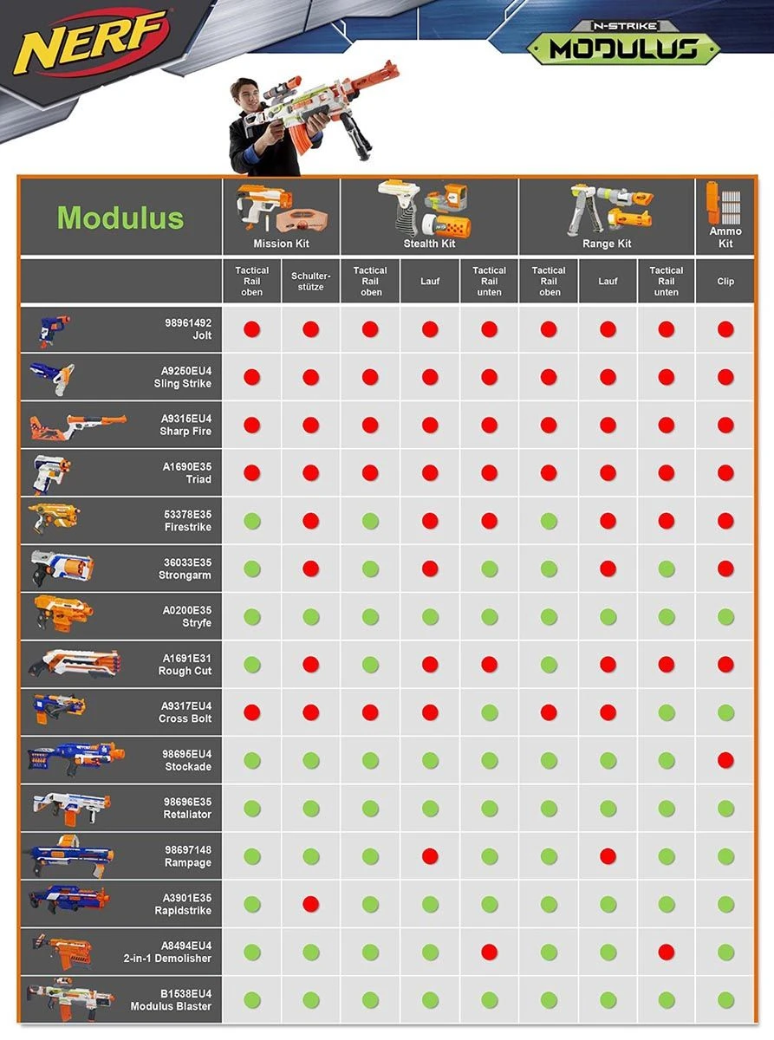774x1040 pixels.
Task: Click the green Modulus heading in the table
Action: click(120, 217)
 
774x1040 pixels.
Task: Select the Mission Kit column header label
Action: click(281, 244)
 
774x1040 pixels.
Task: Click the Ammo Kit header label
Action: click(725, 237)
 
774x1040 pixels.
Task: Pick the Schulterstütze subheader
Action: click(310, 281)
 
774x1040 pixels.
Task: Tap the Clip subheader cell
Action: click(725, 281)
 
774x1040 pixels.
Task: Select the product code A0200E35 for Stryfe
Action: click(187, 610)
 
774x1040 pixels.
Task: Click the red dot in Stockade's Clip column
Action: click(725, 760)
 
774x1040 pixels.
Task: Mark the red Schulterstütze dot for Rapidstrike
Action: click(310, 904)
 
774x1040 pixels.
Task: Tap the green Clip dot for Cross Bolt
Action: click(725, 712)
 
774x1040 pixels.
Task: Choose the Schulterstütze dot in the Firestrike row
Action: click(310, 521)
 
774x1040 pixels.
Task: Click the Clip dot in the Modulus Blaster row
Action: click(725, 1000)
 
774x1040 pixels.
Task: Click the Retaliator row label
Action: click(187, 815)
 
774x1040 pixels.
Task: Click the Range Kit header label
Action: click(607, 244)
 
